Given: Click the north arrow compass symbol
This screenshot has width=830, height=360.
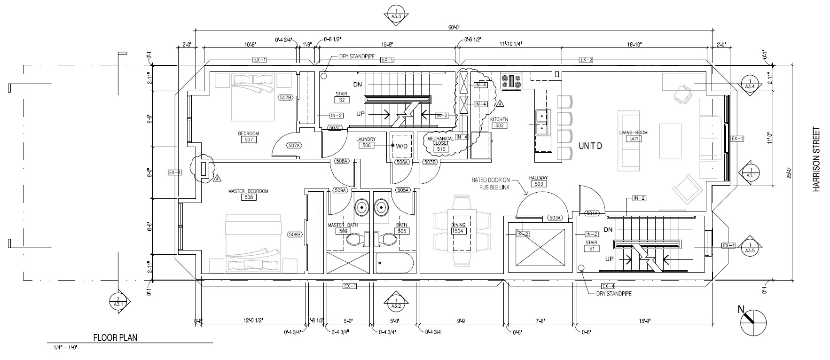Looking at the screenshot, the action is pyautogui.click(x=753, y=321).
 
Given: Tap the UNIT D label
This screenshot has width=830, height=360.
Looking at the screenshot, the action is pyautogui.click(x=590, y=146).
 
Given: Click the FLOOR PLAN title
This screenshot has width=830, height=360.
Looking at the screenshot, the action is pyautogui.click(x=115, y=337).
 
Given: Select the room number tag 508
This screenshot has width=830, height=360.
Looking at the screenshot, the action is pyautogui.click(x=248, y=197).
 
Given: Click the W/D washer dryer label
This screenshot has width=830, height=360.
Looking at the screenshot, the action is pyautogui.click(x=401, y=146).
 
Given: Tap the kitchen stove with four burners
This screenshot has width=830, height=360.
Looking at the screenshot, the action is pyautogui.click(x=511, y=81).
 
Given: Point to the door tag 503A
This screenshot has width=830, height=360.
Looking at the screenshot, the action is pyautogui.click(x=555, y=218).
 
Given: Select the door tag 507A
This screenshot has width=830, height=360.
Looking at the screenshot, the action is pyautogui.click(x=294, y=146).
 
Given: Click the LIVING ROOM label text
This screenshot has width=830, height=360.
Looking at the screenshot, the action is pyautogui.click(x=633, y=133).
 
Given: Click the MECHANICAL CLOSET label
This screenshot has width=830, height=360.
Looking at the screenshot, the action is pyautogui.click(x=440, y=141).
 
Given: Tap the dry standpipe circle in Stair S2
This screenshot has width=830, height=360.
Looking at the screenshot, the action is pyautogui.click(x=324, y=75).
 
